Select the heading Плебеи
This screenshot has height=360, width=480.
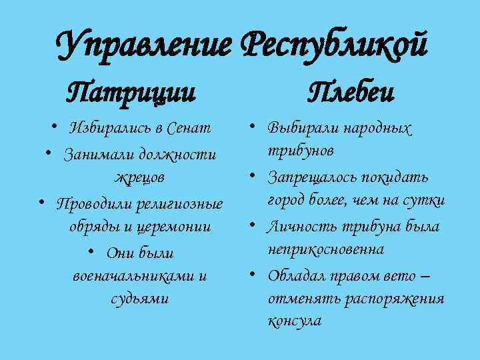click(351, 89)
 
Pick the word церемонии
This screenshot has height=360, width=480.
click(175, 227)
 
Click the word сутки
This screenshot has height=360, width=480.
click(428, 200)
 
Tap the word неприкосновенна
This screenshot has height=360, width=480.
click(325, 249)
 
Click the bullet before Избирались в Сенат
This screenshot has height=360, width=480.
click(52, 127)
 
